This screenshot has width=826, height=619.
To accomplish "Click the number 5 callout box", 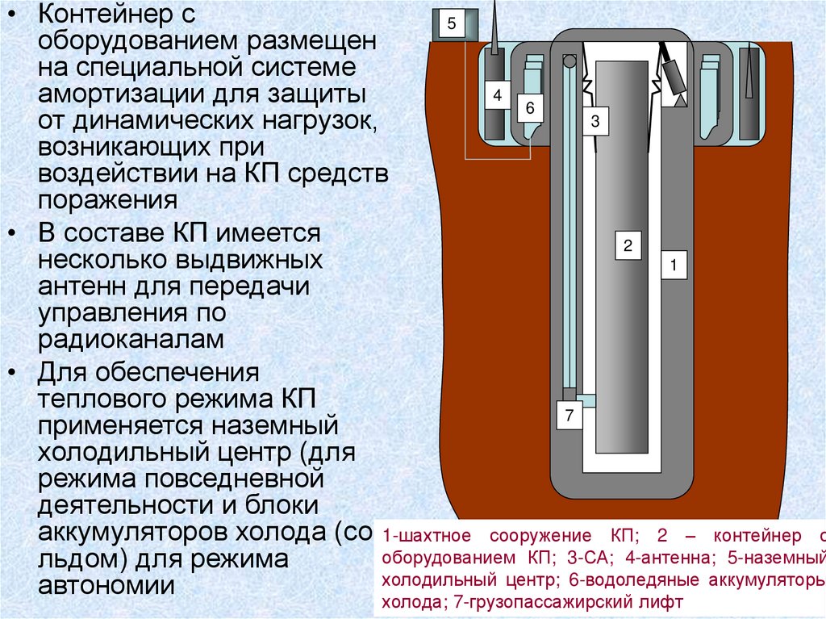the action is [x=452, y=25].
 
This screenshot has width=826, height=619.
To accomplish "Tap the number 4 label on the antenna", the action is [x=497, y=96].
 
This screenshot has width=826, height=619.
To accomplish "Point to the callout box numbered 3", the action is [x=595, y=122].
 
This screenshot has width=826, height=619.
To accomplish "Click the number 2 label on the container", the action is [x=627, y=245].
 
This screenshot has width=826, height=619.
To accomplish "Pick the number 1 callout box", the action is [x=674, y=265].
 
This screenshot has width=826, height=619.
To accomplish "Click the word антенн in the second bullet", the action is [x=80, y=286].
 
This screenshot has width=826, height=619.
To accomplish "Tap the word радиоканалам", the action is [x=130, y=339].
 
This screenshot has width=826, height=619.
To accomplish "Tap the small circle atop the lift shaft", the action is [x=569, y=61].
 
